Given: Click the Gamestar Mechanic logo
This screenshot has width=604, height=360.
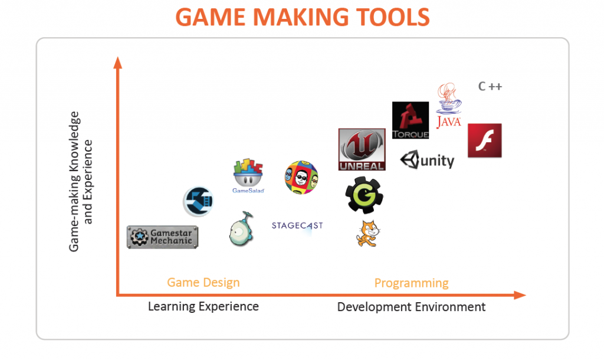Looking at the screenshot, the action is click(163, 237).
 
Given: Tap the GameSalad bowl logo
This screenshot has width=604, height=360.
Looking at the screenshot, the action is click(248, 176).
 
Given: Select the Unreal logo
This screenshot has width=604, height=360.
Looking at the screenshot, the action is click(362, 149).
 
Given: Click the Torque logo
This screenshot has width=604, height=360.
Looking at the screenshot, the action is click(411, 120).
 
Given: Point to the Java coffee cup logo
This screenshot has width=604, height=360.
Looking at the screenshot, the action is click(449, 105).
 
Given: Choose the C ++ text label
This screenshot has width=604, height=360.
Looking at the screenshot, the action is click(490, 86).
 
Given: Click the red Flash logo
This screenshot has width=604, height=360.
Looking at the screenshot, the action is click(485, 140).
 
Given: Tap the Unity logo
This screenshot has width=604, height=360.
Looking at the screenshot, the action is click(427, 160).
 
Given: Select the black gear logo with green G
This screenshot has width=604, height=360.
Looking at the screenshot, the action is click(364, 195).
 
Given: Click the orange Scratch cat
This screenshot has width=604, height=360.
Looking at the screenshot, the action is click(368, 233).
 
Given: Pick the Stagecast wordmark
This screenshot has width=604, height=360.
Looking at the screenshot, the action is click(297, 226).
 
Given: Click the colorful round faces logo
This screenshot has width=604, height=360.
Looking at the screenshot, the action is click(301, 177).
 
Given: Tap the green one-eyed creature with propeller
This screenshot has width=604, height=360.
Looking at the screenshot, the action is click(241, 229).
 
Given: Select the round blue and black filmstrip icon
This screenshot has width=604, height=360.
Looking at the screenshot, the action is click(198, 201).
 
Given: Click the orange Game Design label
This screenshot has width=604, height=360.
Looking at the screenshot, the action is click(203, 283).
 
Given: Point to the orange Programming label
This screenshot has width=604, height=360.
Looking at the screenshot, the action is click(411, 283).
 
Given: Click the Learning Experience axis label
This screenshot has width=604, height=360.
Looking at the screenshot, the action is click(203, 307).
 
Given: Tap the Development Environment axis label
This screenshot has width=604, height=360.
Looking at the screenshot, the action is click(411, 307).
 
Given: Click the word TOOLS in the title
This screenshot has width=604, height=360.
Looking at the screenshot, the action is click(392, 17).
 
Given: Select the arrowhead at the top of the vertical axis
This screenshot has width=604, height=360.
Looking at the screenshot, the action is click(118, 63).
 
